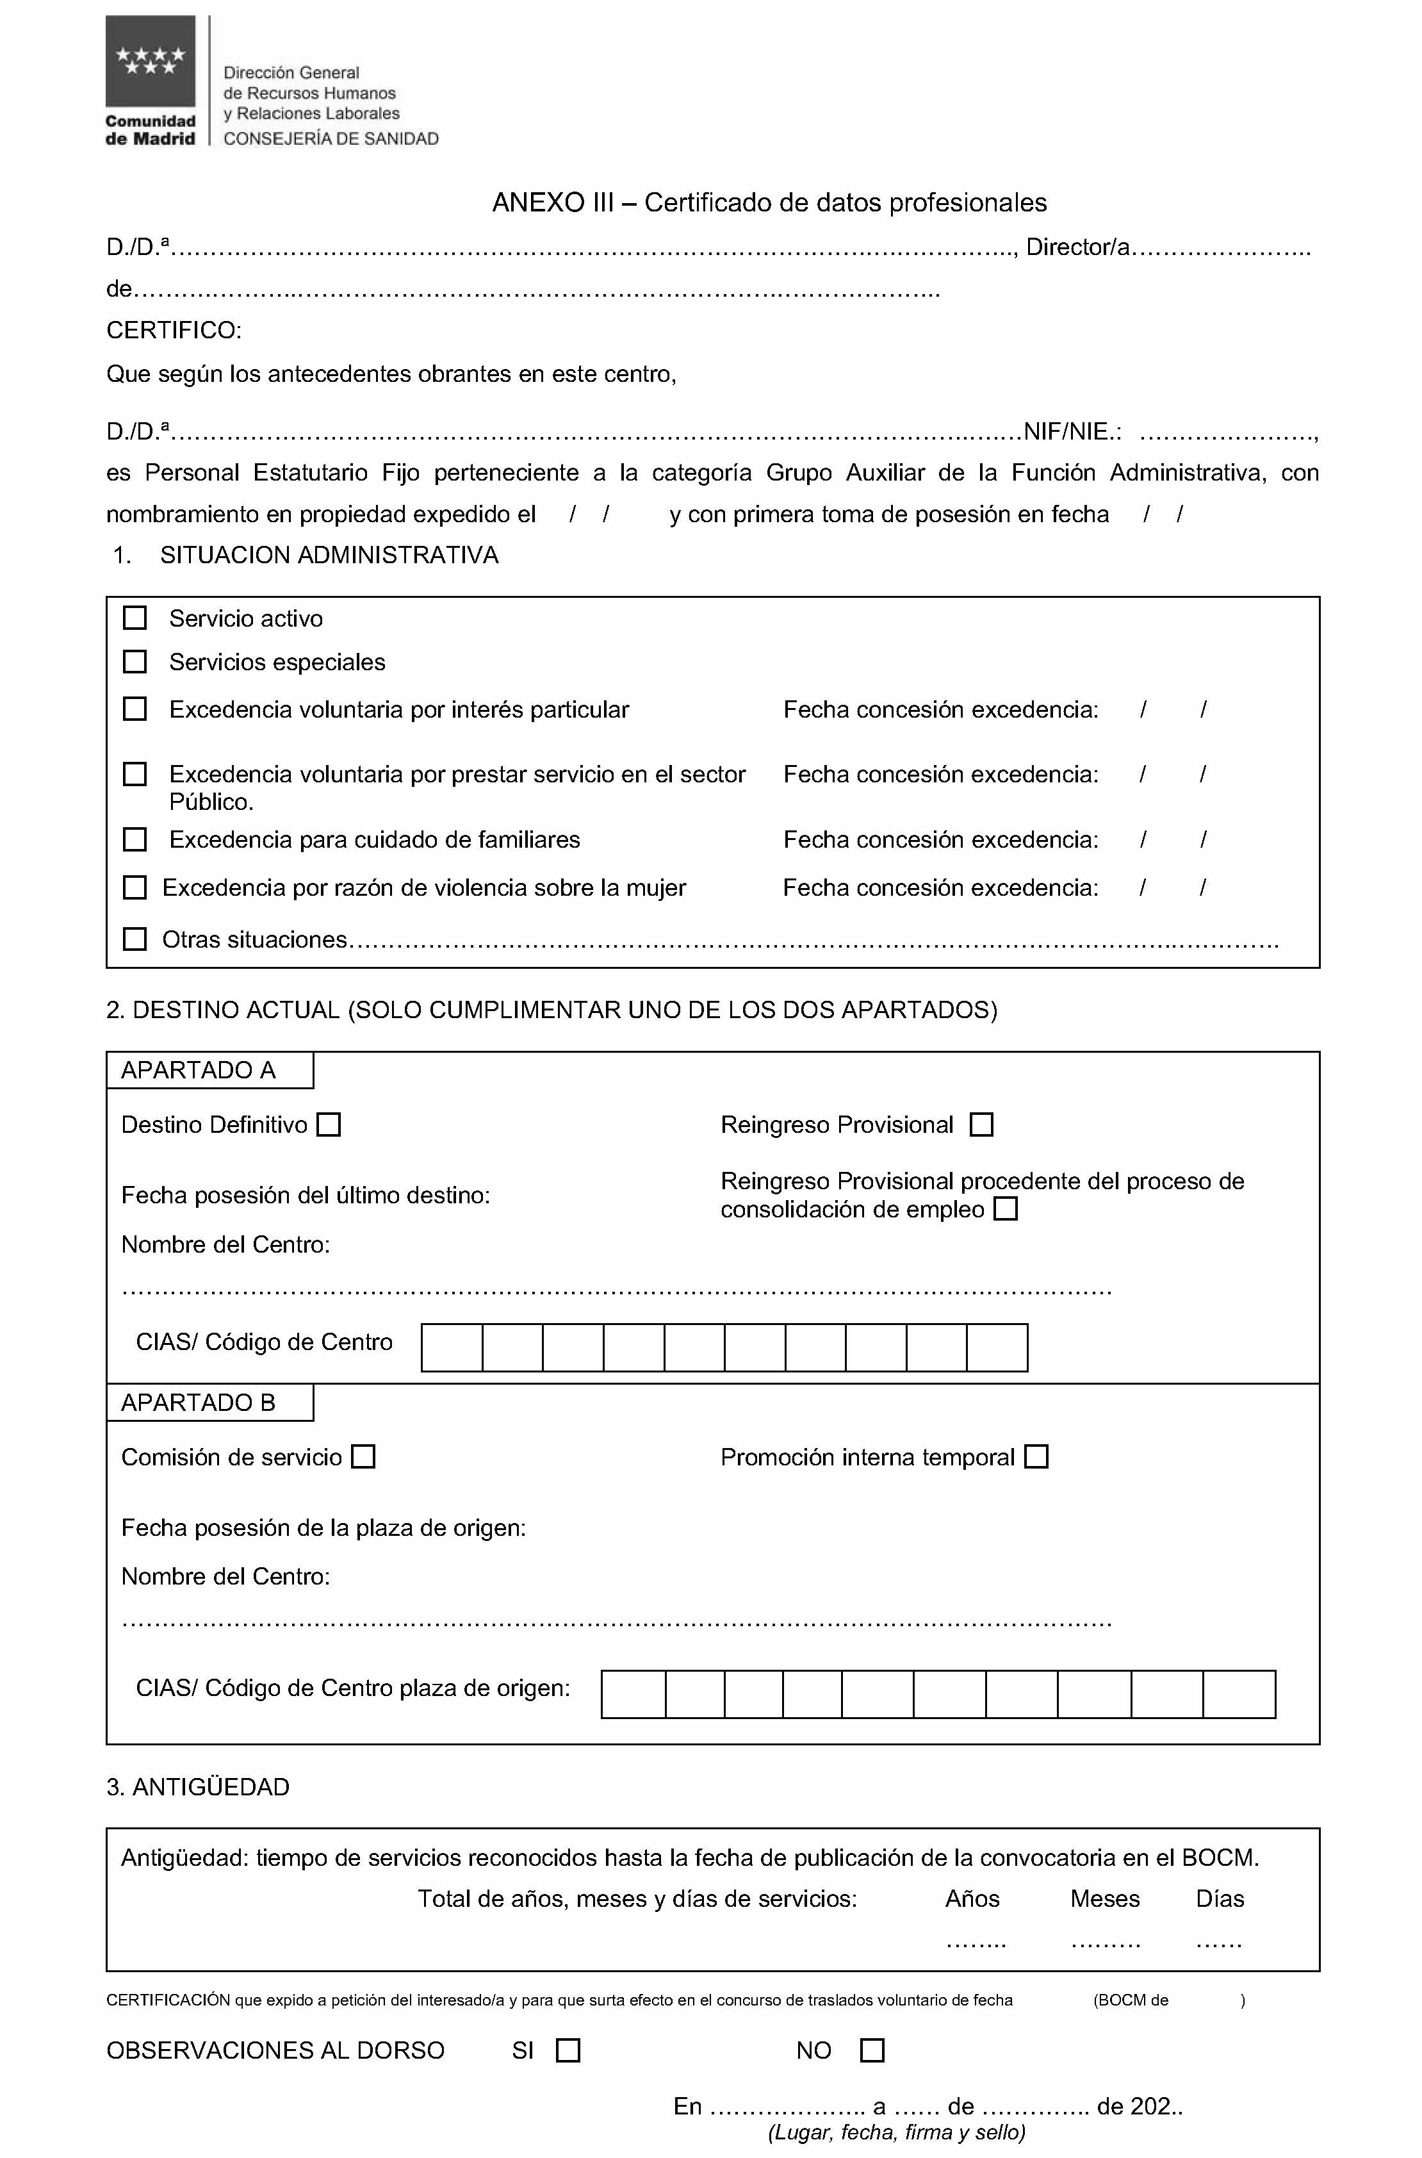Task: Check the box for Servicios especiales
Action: click(x=135, y=662)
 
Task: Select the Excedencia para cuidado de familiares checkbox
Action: click(x=135, y=840)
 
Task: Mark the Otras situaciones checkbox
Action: click(x=135, y=939)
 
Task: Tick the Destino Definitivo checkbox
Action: click(x=329, y=1124)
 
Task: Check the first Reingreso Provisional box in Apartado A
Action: click(x=981, y=1124)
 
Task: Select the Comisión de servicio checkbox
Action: click(x=364, y=1457)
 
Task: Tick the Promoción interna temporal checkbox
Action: click(x=1036, y=1457)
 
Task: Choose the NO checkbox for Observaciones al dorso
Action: click(x=872, y=2050)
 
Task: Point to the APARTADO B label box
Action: click(x=209, y=1403)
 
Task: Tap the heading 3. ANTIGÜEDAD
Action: click(x=198, y=1787)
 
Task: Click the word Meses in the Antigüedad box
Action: click(x=1104, y=1899)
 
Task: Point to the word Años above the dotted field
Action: click(x=972, y=1899)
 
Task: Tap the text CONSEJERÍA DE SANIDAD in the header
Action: click(x=331, y=139)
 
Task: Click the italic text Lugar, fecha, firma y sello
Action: click(x=896, y=2132)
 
